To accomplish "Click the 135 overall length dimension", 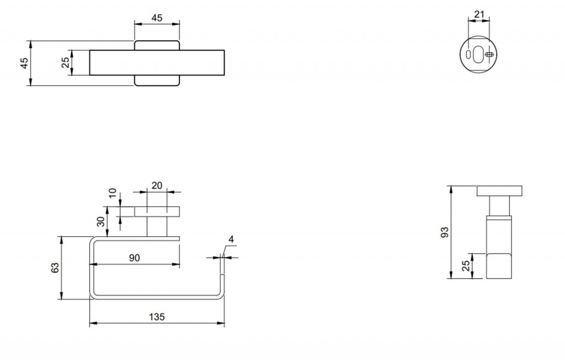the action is (157, 317).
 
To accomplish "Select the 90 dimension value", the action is (134, 258).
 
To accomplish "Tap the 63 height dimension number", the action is (55, 268).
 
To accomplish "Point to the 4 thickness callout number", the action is (231, 239).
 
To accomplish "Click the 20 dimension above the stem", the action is (157, 186).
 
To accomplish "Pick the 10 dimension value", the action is (113, 193).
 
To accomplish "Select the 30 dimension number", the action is (102, 221).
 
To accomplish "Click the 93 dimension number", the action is (445, 232).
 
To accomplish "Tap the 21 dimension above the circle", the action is (479, 14).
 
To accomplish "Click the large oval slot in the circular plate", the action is (478, 55).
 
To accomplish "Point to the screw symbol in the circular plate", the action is (489, 55).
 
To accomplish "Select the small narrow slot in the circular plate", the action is (468, 55).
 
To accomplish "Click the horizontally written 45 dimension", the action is (157, 18).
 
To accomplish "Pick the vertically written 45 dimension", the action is (24, 63).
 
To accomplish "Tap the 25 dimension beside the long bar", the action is (66, 62).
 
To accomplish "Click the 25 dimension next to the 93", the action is (466, 266).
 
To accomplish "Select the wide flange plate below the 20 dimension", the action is (157, 211).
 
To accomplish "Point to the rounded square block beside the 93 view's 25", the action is (499, 266).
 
